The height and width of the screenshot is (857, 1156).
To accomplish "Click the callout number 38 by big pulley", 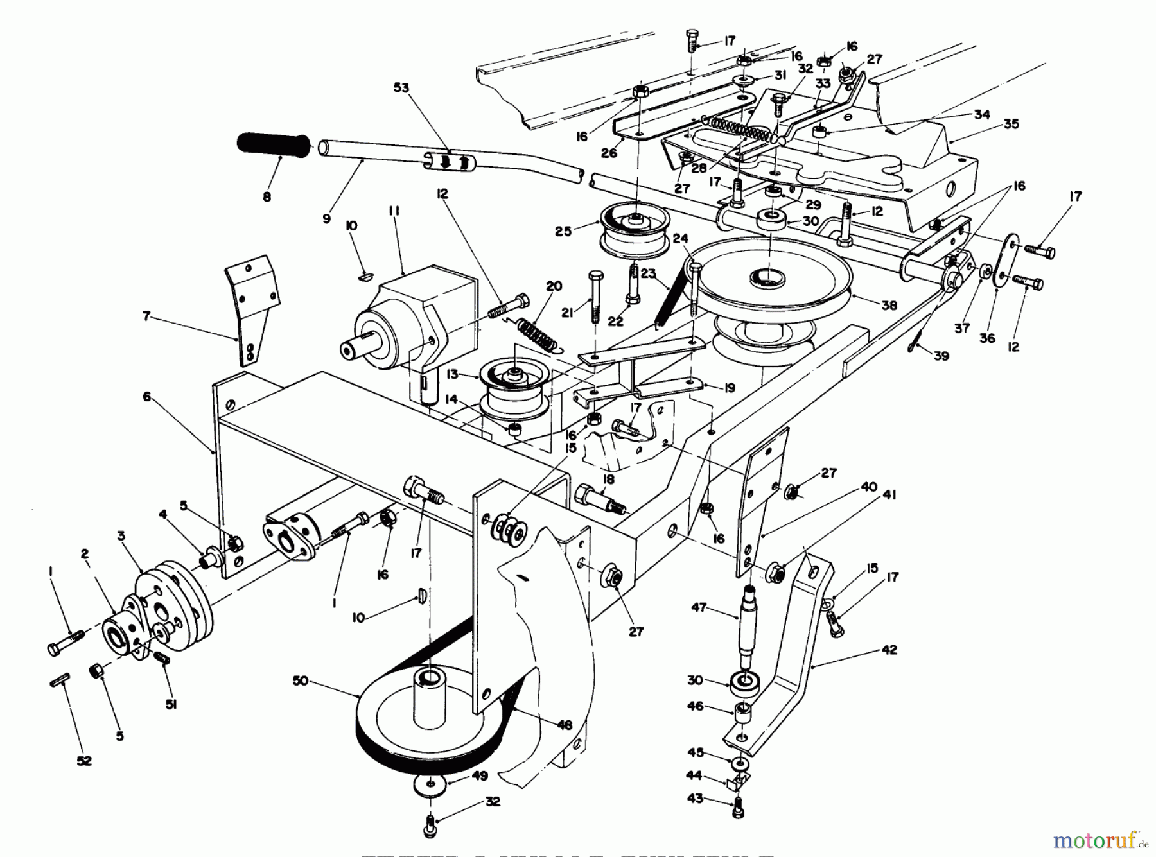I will tap(889, 306).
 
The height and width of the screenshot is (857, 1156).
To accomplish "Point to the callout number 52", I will tap(84, 761).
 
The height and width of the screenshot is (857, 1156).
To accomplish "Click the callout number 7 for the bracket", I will tap(147, 316).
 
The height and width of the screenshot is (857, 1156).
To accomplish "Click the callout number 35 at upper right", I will tap(1011, 124).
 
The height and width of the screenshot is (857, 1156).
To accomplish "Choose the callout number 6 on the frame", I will tap(147, 397).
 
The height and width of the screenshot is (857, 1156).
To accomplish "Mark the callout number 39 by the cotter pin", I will tap(941, 356).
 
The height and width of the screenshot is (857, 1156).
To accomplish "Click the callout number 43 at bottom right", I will tap(694, 799).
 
